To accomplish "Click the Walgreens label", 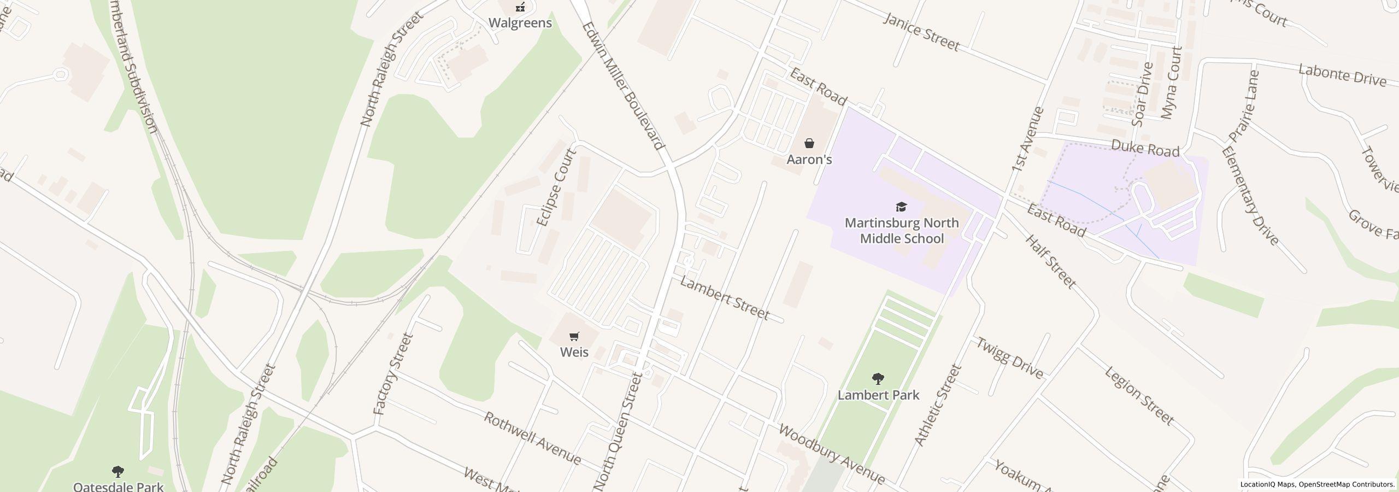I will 520,23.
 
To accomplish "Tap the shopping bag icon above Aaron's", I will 809,144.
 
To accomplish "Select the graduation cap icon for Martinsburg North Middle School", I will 901,207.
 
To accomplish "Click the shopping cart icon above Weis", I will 574,336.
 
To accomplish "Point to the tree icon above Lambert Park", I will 878,378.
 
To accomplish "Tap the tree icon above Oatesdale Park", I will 117,471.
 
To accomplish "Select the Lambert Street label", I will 725,298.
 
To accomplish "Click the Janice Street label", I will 921,32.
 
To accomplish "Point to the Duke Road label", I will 1145,148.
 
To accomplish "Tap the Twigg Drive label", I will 1010,358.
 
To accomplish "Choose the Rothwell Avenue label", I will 533,438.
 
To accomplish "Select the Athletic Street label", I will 937,405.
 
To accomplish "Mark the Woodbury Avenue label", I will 831,454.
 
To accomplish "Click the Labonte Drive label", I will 1342,76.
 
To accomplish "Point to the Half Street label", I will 1050,261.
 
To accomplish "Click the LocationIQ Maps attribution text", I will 1268,484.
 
